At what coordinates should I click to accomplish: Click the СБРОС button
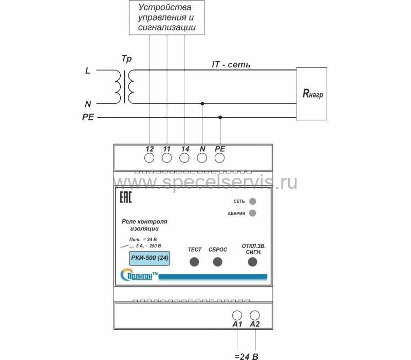pos(217,262)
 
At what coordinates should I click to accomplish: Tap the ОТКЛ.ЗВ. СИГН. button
pos(252,262)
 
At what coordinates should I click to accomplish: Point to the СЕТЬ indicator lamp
pos(252,201)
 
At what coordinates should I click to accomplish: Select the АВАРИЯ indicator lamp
pos(252,213)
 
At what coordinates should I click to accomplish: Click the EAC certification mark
pos(126,198)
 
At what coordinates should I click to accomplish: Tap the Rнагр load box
pos(312,94)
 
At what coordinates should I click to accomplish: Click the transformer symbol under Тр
pos(126,86)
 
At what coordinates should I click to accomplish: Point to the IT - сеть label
pos(231,65)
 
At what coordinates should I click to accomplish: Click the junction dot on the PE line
pos(220,118)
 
